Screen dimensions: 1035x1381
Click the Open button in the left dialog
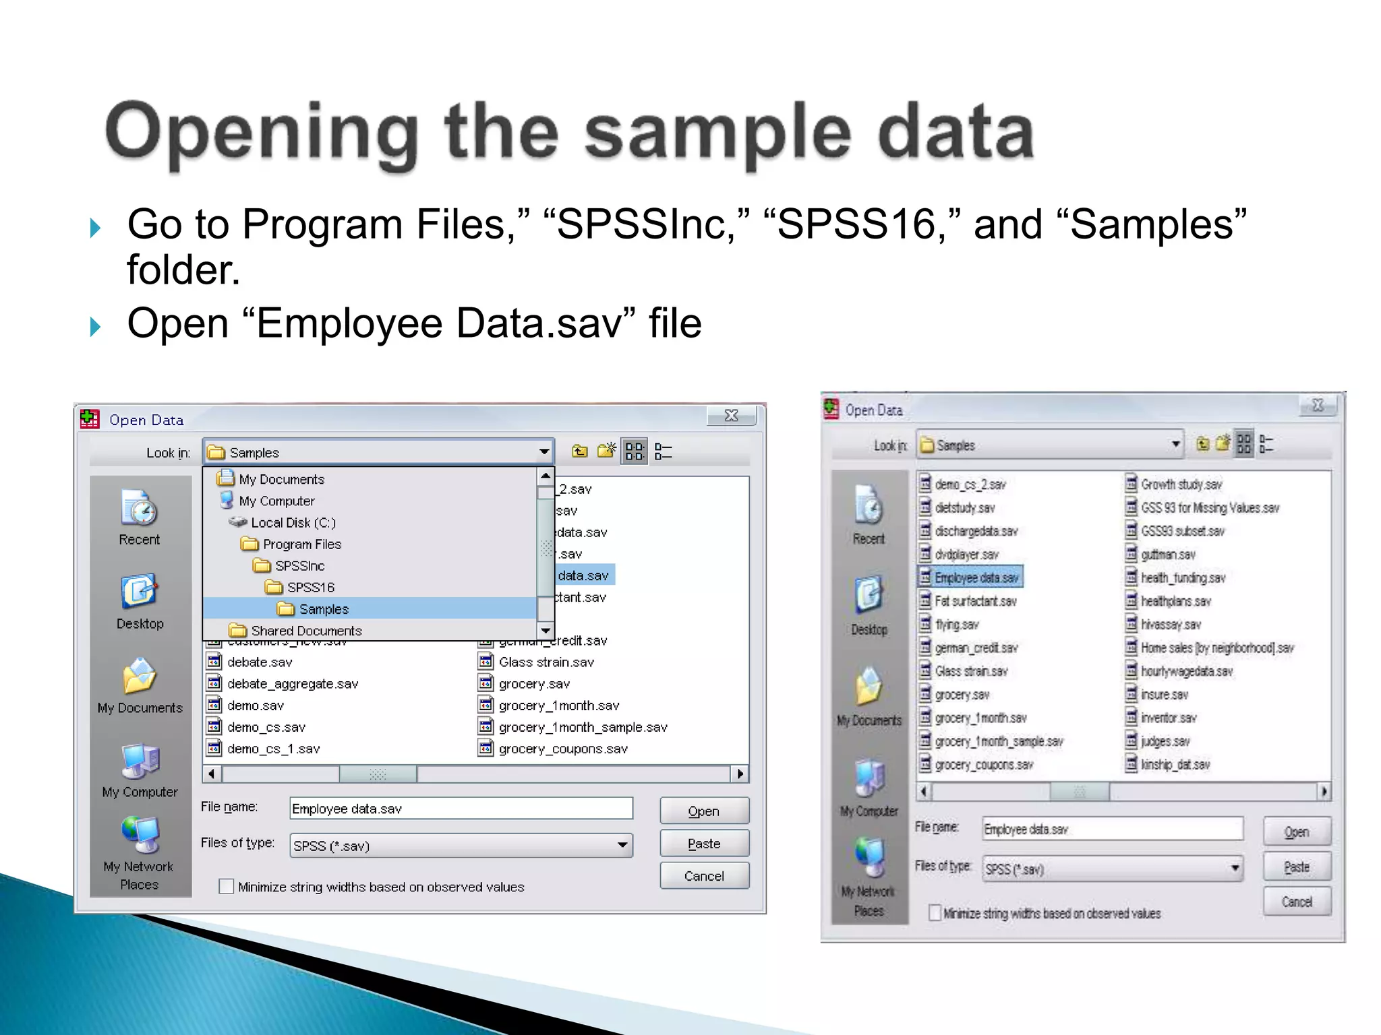(x=704, y=811)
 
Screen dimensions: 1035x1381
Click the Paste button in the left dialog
(x=704, y=843)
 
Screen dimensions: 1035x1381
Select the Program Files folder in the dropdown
(x=301, y=544)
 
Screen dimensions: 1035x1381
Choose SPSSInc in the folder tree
(x=299, y=565)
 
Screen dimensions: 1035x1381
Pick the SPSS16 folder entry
(x=310, y=587)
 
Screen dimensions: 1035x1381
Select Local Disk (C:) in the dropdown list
(x=293, y=522)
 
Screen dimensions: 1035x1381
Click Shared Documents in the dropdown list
(x=305, y=630)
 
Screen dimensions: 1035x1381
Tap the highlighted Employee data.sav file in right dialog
(x=976, y=577)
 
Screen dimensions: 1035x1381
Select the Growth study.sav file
(x=1181, y=484)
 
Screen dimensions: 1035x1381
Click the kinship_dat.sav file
(x=1175, y=765)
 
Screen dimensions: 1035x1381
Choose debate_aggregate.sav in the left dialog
(x=292, y=683)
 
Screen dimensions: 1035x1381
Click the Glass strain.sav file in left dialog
(x=546, y=662)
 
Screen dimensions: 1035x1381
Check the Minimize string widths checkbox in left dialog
(x=227, y=886)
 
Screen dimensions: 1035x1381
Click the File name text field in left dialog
(x=461, y=808)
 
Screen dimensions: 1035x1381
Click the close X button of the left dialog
(x=731, y=416)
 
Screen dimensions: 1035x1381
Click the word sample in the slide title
(x=717, y=133)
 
